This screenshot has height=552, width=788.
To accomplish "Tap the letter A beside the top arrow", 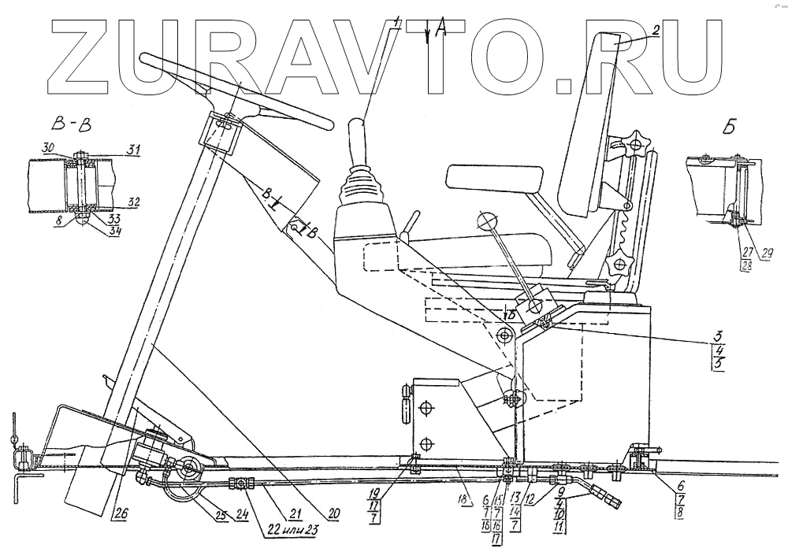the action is pos(440,29).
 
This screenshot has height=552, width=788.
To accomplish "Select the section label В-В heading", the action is pos(64,124).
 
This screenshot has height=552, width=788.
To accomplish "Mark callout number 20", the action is pos(334,512).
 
